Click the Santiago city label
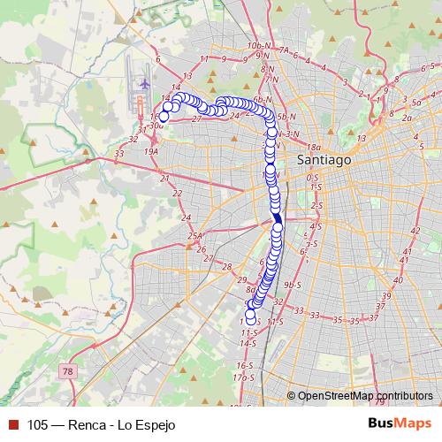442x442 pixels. point(324,160)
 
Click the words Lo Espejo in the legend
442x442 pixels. point(147,424)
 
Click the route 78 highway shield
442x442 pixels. point(69,373)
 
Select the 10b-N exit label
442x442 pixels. point(258,45)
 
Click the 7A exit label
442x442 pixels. point(284,50)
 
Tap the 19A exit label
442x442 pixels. point(151,151)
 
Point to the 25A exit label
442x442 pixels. point(195,236)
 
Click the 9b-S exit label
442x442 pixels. point(293,285)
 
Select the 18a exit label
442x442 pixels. point(314,147)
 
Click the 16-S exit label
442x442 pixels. point(245,365)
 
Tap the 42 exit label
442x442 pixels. point(415,231)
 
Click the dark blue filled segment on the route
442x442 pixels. point(277,218)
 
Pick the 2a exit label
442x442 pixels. point(407,117)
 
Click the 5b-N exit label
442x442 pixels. point(285,117)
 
